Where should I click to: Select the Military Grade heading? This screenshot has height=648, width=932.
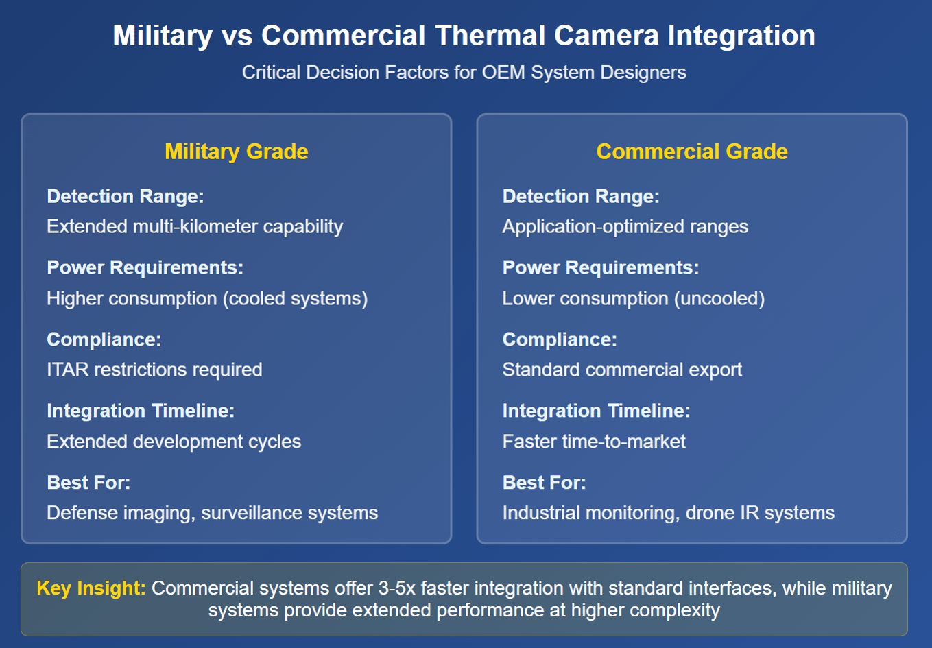coord(237,152)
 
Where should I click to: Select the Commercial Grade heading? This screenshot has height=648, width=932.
coord(692,152)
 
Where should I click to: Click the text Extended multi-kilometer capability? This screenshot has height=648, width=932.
coord(195,227)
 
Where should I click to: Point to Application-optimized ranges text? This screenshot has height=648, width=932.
coord(625,227)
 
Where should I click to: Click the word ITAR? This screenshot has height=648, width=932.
coord(68,370)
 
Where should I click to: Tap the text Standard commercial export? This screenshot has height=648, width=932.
coord(622,370)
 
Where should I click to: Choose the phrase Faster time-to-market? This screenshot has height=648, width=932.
coord(594,442)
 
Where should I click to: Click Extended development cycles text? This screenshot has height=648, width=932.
coord(174,442)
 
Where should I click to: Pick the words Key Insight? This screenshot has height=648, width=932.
coord(91,588)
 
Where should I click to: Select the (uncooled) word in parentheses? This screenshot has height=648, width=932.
coord(719,299)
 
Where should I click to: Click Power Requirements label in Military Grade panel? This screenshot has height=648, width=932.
coord(145,267)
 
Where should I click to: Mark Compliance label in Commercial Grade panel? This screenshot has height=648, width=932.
coord(560,339)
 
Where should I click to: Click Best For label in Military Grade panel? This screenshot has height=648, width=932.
coord(88,483)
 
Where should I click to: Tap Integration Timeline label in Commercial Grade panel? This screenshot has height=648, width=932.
coord(596,411)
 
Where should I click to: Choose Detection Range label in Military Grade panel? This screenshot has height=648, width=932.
coord(126,196)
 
